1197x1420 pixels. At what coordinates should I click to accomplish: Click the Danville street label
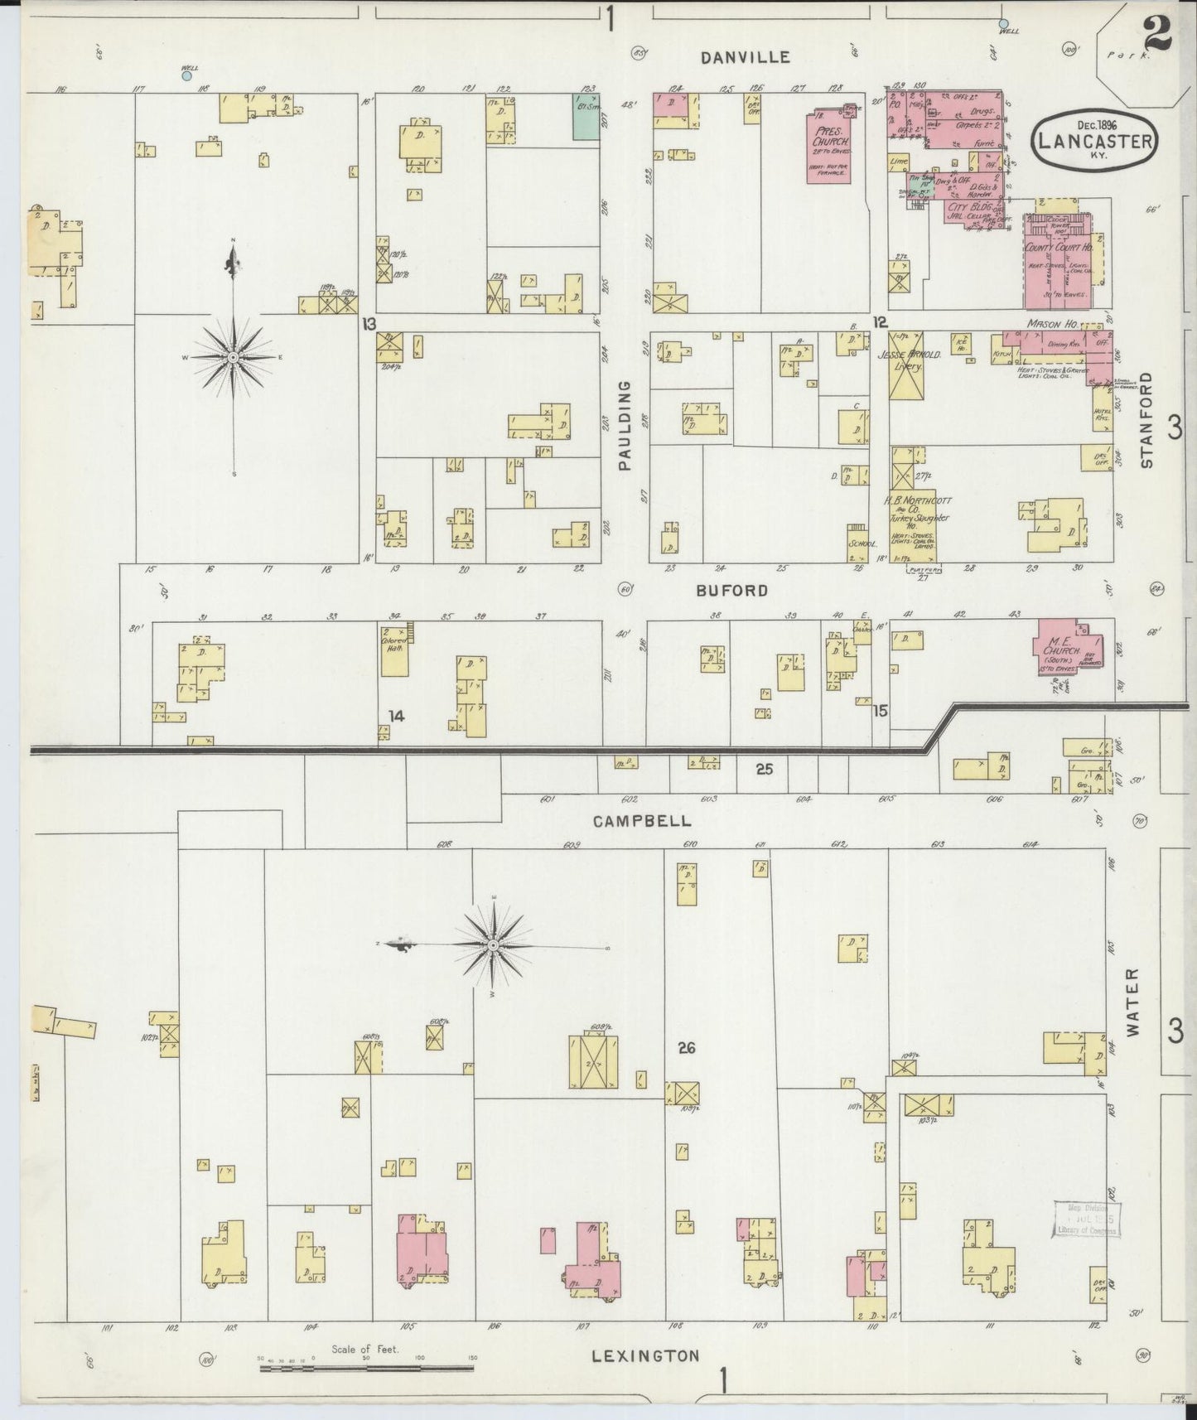coord(745,57)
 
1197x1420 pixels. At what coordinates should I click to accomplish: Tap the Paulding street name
coord(625,426)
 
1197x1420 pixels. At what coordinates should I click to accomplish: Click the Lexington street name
coord(646,1356)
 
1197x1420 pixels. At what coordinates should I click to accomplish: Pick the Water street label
coord(1133,1001)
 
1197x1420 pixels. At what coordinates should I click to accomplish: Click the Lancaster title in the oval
coord(1093,141)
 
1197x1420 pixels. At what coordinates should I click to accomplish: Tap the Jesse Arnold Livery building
coord(909,365)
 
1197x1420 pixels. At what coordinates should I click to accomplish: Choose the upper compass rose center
coord(234,357)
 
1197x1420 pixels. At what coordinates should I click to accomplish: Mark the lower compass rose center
coord(494,944)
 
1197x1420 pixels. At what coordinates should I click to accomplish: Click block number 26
coord(686,1048)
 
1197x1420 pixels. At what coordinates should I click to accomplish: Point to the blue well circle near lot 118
coord(187,75)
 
